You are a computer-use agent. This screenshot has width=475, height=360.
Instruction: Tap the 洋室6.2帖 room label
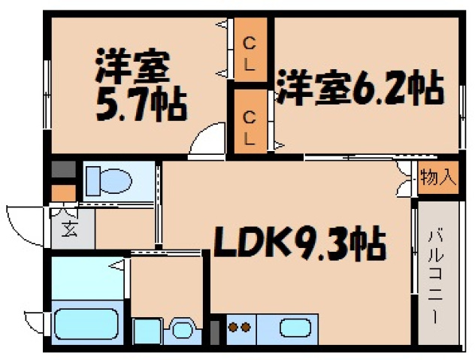359,89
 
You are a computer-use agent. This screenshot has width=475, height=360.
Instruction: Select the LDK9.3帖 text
301,242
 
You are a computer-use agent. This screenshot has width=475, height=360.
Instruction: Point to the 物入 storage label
438,178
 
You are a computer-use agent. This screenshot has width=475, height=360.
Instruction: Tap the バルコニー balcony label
437,275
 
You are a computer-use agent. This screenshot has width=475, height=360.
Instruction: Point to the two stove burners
238,328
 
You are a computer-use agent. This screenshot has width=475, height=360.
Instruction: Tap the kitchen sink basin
295,328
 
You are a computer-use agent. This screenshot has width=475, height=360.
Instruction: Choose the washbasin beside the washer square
182,328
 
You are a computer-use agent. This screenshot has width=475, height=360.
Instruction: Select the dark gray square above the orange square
62,169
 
